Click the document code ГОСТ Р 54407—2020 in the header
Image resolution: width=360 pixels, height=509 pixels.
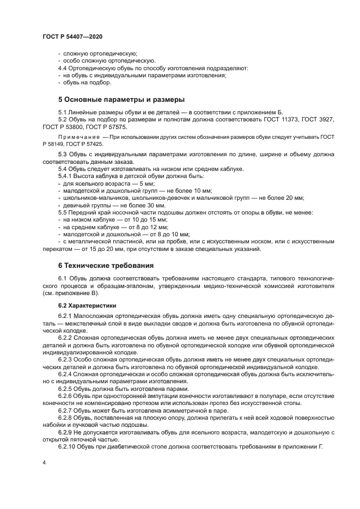[x=72, y=35]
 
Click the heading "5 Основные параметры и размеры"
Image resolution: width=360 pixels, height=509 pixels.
[x=121, y=99]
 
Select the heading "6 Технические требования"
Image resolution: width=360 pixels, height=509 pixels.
[x=106, y=265]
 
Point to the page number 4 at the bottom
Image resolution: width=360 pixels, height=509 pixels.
[x=44, y=461]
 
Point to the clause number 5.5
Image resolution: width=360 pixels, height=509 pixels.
[x=63, y=213]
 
